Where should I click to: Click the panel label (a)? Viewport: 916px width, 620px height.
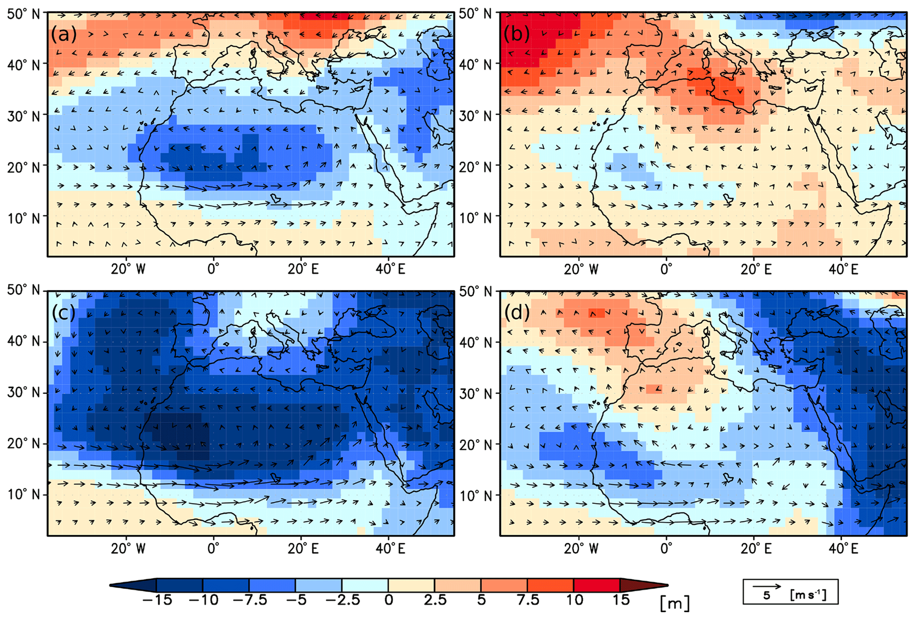[63, 35]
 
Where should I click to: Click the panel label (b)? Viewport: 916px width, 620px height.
[516, 35]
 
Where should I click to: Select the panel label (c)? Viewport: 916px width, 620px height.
[63, 313]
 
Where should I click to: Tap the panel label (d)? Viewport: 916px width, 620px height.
[517, 313]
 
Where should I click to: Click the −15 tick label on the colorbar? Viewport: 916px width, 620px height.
[157, 600]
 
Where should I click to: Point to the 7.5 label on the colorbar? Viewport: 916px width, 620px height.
[528, 600]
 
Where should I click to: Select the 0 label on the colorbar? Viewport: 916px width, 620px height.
[388, 600]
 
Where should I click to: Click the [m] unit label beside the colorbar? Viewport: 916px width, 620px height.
[674, 603]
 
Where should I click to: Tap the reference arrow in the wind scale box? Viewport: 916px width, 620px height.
[767, 586]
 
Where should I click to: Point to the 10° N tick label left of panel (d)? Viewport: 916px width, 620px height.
[477, 495]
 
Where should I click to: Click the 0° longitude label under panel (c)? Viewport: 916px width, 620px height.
[213, 549]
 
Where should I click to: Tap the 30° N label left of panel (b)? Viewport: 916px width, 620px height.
[477, 115]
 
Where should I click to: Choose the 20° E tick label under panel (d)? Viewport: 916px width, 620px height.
[756, 549]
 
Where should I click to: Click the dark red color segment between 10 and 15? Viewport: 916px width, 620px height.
[596, 585]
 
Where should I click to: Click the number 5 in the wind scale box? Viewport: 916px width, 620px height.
[766, 596]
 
